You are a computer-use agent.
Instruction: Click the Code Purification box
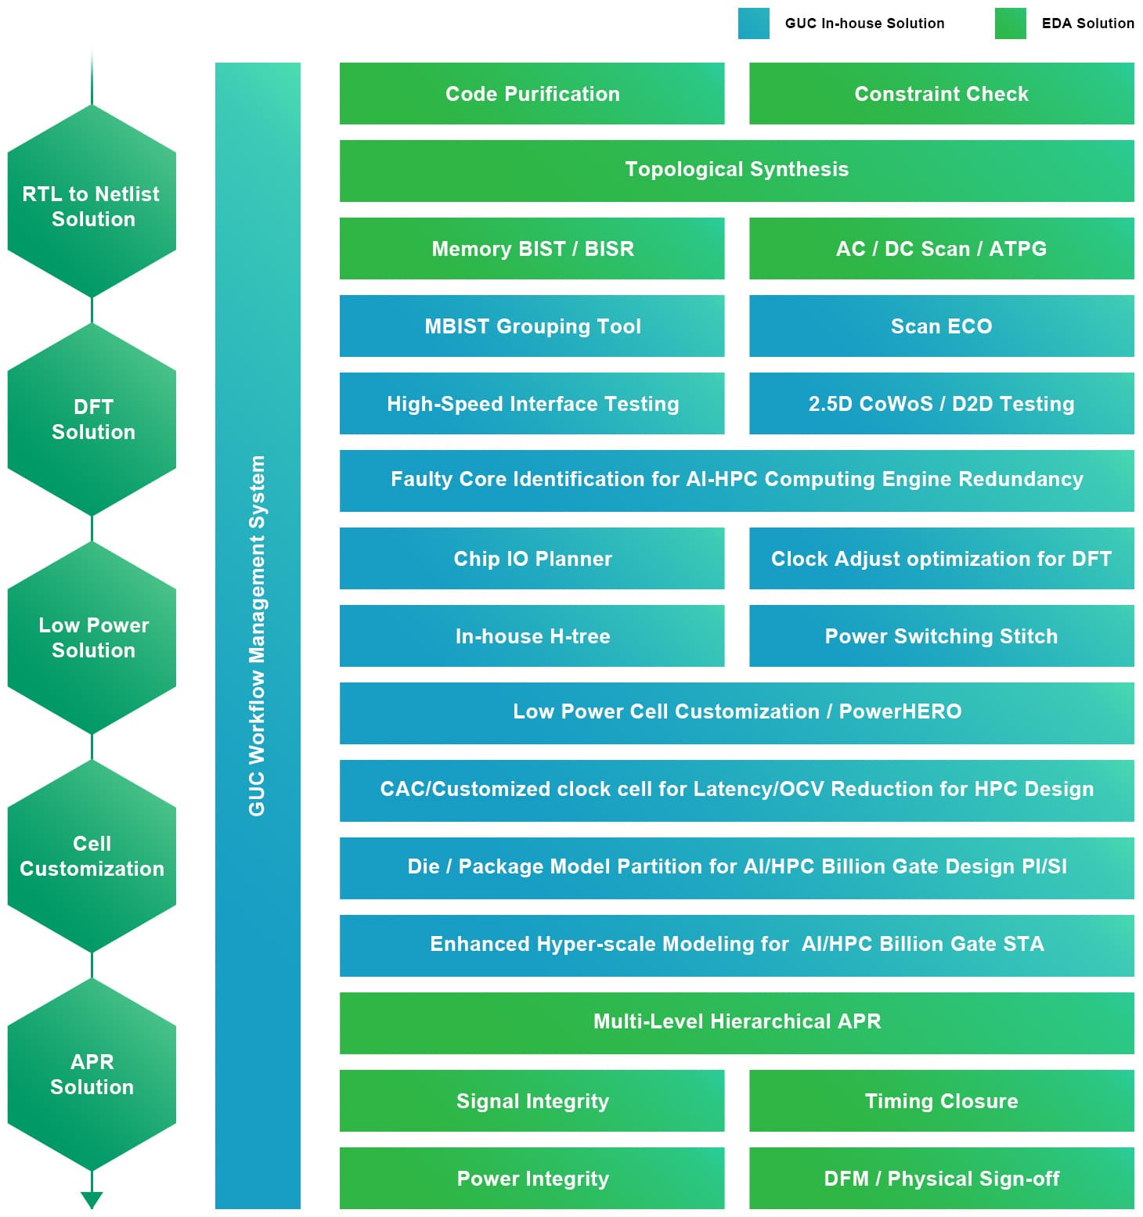[532, 94]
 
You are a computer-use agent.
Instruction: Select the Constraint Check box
[941, 94]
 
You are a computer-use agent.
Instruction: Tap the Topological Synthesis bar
[736, 170]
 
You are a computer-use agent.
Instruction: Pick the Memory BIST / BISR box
[532, 249]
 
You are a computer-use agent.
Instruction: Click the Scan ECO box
[941, 326]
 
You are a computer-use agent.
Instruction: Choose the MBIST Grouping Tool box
[532, 326]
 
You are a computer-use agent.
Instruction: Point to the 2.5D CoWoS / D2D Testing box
[941, 404]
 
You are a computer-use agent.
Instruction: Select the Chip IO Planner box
[532, 559]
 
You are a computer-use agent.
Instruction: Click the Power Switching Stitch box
[941, 636]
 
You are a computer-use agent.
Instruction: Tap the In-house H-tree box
[532, 636]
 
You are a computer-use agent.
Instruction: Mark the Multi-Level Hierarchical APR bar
[736, 1022]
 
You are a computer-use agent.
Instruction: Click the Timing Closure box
[941, 1101]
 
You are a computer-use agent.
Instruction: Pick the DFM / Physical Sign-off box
[941, 1179]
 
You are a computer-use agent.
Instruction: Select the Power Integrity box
[532, 1179]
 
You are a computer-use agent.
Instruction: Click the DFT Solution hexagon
[92, 420]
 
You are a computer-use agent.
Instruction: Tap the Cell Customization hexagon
[92, 856]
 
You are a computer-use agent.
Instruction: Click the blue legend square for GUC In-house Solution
[753, 23]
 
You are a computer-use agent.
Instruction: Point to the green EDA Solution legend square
[1010, 23]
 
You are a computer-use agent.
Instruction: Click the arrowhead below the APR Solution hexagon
[92, 1199]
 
